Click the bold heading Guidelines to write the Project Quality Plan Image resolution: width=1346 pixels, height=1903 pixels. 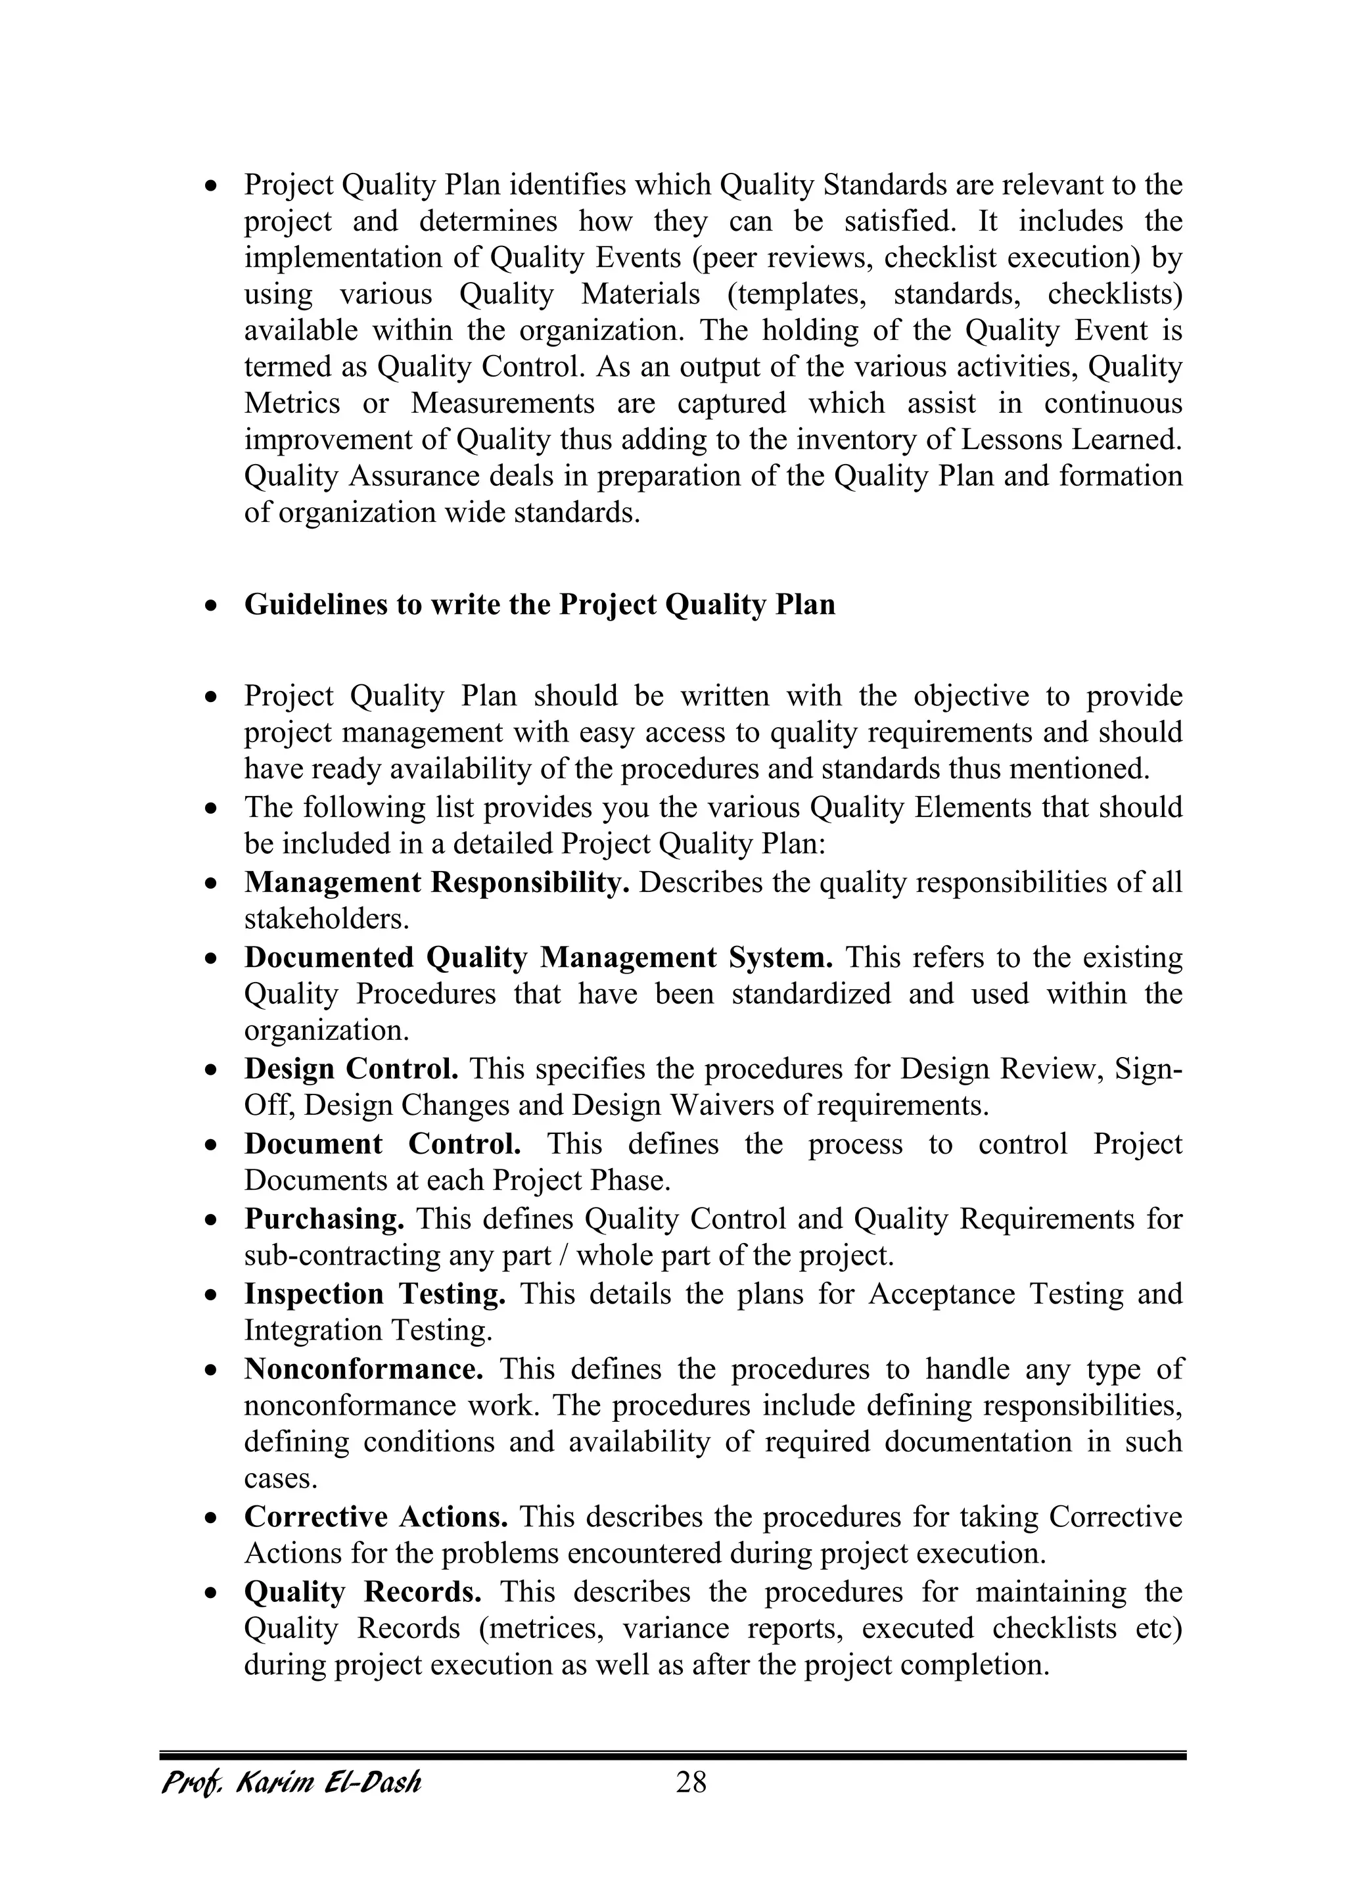pyautogui.click(x=540, y=604)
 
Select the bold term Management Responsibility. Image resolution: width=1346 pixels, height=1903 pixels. pyautogui.click(x=437, y=882)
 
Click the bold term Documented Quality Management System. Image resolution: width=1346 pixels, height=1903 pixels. pyautogui.click(x=539, y=957)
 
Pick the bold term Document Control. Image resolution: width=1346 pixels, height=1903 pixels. pyautogui.click(x=382, y=1144)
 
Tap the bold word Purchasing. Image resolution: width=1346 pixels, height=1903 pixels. pyautogui.click(x=324, y=1219)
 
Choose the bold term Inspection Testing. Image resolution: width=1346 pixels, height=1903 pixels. pyautogui.click(x=375, y=1293)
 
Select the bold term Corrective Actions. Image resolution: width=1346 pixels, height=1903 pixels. pyautogui.click(x=375, y=1516)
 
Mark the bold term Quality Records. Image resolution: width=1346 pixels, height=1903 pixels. pyautogui.click(x=363, y=1591)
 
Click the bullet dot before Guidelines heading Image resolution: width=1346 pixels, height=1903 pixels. pyautogui.click(x=212, y=607)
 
